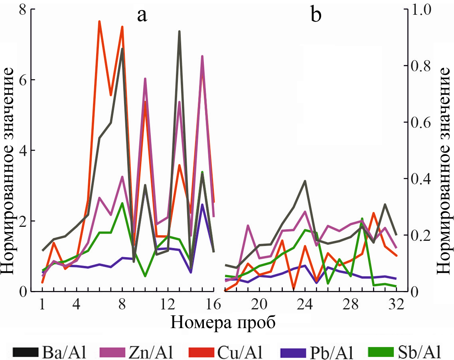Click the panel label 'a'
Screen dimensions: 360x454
(x=142, y=16)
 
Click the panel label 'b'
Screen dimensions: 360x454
(x=316, y=16)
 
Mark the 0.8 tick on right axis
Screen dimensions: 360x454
(x=419, y=65)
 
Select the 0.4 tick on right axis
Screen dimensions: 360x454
(x=419, y=178)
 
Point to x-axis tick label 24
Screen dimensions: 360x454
(x=305, y=305)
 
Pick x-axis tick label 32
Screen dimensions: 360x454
(x=396, y=305)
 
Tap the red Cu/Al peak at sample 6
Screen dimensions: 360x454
(x=99, y=22)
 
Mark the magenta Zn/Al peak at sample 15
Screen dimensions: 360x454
(x=202, y=56)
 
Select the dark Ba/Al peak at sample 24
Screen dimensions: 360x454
(x=305, y=181)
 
